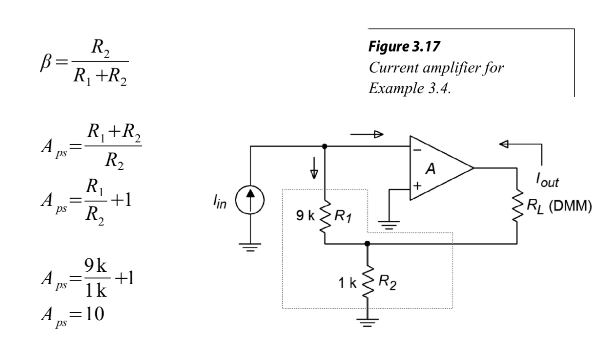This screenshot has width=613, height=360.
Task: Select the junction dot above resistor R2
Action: [368, 244]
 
